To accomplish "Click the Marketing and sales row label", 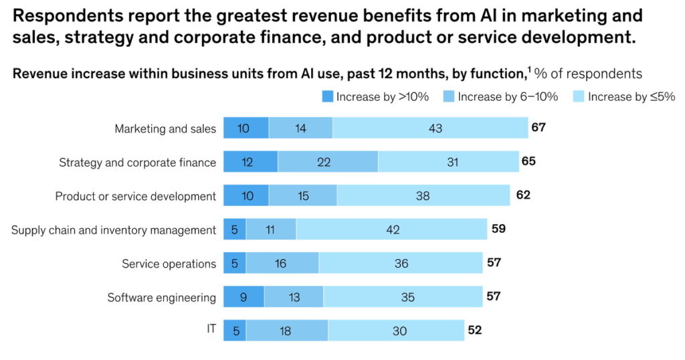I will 165,128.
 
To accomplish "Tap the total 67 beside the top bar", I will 539,127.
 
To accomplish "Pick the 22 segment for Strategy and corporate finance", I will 328,162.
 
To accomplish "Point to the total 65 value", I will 528,161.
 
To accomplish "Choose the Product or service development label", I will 135,196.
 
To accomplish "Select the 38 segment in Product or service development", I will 423,196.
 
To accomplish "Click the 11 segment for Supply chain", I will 271,230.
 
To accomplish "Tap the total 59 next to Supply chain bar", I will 498,229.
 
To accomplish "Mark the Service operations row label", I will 169,264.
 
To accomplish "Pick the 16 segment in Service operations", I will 282,264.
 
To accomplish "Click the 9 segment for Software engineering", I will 243,297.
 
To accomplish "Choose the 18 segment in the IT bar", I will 287,331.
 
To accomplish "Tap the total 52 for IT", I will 474,330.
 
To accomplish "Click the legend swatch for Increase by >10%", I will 328,97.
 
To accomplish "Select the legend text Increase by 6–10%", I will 508,97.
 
